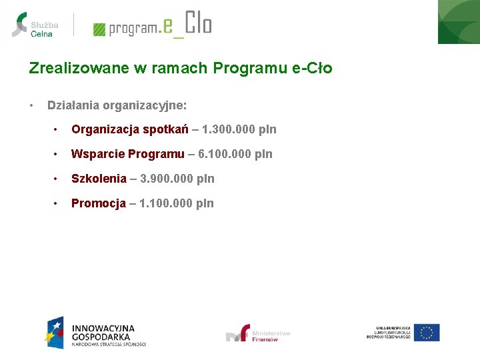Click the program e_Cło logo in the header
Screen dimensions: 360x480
[x=153, y=25]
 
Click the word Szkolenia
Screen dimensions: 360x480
[x=99, y=179]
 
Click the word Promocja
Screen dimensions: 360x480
[x=99, y=203]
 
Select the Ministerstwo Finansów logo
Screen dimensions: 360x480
[x=259, y=333]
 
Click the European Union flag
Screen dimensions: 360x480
[x=426, y=332]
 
